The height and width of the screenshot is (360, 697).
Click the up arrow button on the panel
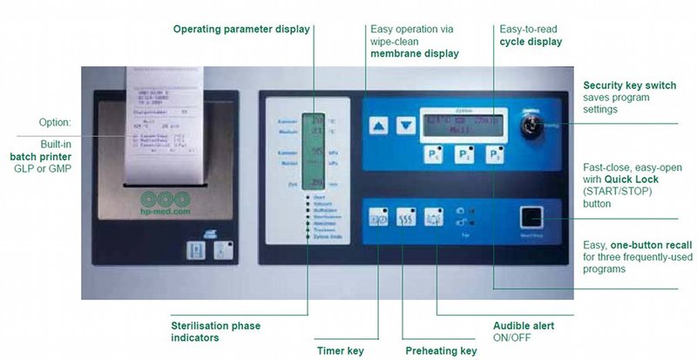tap(377, 126)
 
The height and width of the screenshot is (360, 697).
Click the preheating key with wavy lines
tap(405, 219)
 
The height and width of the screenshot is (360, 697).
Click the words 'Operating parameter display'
tap(241, 29)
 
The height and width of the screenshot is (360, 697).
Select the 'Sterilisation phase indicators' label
tap(216, 331)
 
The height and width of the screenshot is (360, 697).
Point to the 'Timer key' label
tap(340, 351)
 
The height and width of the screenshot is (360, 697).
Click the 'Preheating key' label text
tap(441, 351)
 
